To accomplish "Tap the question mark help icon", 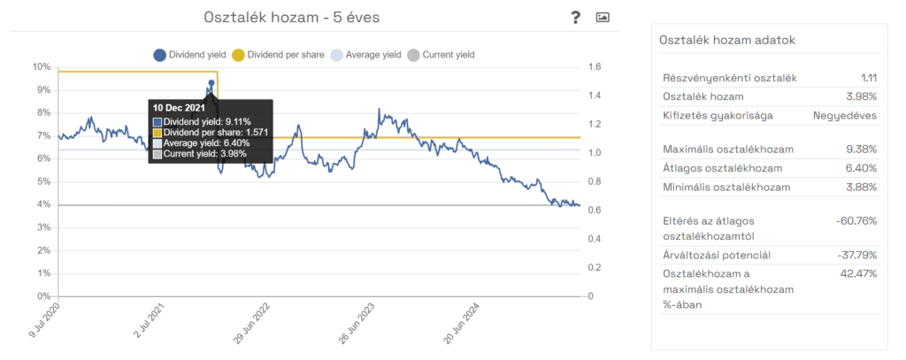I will pyautogui.click(x=575, y=17).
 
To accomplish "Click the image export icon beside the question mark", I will pyautogui.click(x=603, y=17).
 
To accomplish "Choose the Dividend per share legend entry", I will pyautogui.click(x=276, y=55).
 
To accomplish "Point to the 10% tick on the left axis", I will pyautogui.click(x=42, y=67).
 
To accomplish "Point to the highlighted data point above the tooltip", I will pyautogui.click(x=211, y=83).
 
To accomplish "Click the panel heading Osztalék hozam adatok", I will pyautogui.click(x=728, y=40).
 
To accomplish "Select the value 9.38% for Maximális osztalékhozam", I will pyautogui.click(x=857, y=148).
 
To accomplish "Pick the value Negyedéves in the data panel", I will pyautogui.click(x=845, y=115).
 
